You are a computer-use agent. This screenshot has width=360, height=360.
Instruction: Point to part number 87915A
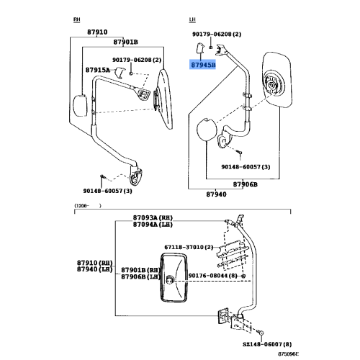(96, 70)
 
